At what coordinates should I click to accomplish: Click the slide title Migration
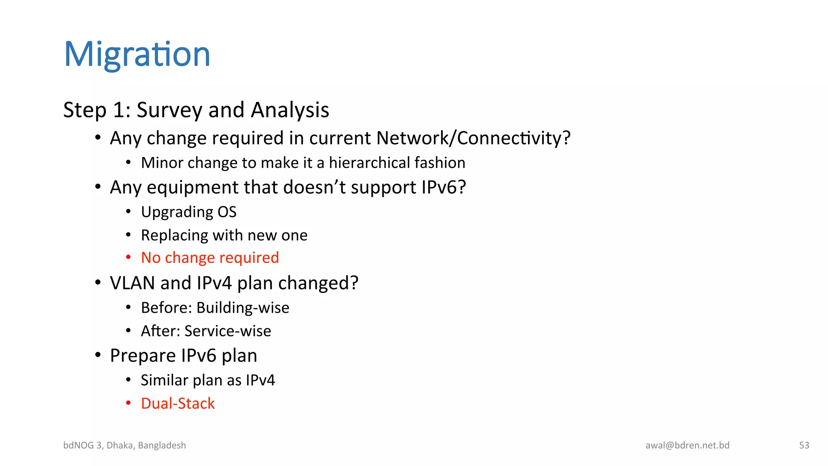tap(137, 54)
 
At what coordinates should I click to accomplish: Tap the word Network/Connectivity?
tap(473, 138)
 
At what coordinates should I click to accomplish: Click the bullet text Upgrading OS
tap(188, 212)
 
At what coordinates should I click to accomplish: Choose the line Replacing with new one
tap(224, 235)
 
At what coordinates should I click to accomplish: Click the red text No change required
tap(210, 258)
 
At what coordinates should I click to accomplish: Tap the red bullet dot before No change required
tap(128, 257)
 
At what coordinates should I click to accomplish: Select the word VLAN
tap(133, 283)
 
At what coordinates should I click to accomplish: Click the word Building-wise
tap(243, 308)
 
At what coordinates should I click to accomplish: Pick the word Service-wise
tap(228, 331)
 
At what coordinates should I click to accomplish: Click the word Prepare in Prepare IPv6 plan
tap(143, 356)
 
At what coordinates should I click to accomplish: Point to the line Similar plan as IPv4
tap(208, 380)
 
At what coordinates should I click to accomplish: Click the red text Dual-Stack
tap(178, 403)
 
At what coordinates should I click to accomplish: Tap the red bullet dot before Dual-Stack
tap(128, 403)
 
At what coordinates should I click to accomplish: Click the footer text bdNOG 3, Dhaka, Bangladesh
tap(125, 445)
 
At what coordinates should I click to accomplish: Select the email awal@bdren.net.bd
tap(687, 445)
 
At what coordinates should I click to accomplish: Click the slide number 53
tap(804, 445)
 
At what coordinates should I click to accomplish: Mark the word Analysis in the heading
tap(290, 110)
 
